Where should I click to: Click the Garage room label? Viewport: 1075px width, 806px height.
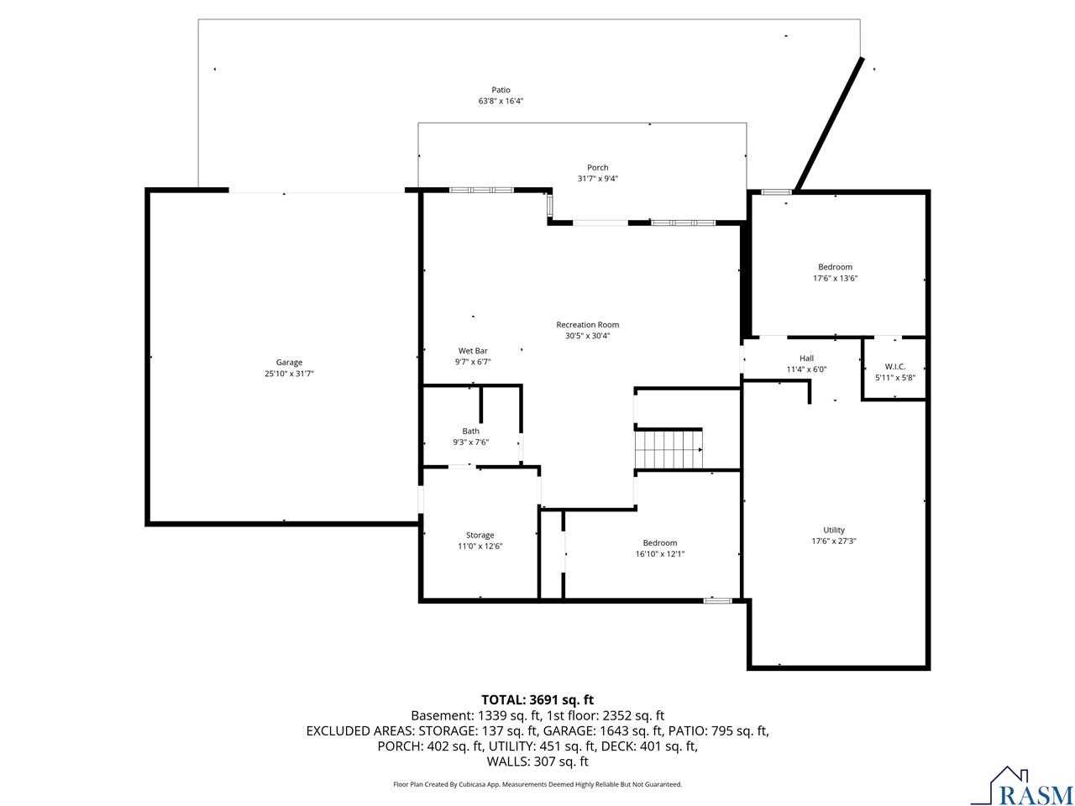(x=289, y=362)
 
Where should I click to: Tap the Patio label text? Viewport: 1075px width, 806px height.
(x=501, y=90)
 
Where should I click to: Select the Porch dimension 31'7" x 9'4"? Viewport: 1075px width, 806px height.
(x=597, y=179)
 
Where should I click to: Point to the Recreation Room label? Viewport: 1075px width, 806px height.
(x=587, y=324)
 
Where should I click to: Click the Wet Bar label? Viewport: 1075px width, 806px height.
(x=473, y=350)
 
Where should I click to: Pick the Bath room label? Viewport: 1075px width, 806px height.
(x=470, y=431)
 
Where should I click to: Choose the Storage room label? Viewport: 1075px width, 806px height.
(x=480, y=535)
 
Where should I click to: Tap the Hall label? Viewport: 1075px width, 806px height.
(x=806, y=359)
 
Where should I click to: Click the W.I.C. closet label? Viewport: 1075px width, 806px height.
(x=894, y=367)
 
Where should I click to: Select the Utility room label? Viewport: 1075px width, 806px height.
(x=834, y=530)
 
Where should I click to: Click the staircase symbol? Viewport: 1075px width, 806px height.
(x=669, y=448)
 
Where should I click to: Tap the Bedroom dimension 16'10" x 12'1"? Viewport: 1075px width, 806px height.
(x=659, y=554)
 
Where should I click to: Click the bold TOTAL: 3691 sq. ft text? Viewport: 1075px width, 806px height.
(x=537, y=700)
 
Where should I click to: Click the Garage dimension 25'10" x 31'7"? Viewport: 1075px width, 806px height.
(x=289, y=374)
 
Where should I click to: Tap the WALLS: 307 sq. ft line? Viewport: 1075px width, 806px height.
(x=537, y=762)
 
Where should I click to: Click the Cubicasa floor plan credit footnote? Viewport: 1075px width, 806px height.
(x=537, y=784)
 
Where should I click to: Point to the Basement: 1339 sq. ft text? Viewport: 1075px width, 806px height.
(x=476, y=716)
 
